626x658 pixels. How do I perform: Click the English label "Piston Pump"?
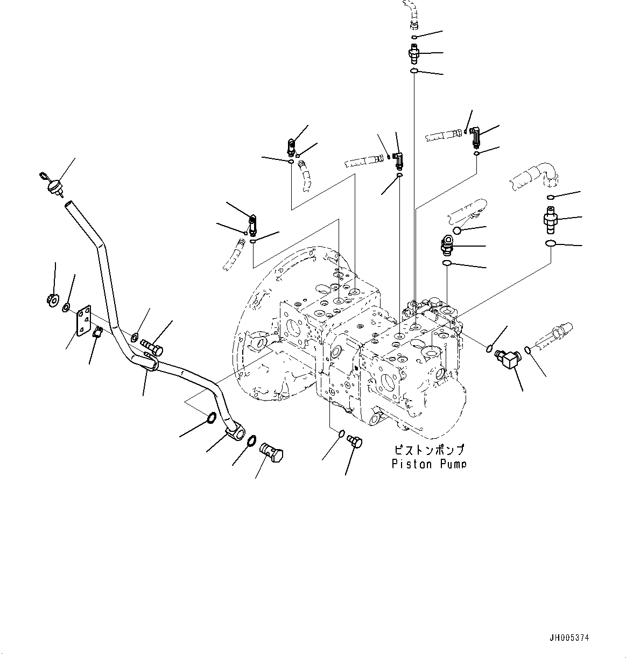point(428,464)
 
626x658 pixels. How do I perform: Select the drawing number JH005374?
point(569,638)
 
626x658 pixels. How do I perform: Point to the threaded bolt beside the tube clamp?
point(152,345)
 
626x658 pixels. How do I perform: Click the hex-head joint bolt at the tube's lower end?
point(272,450)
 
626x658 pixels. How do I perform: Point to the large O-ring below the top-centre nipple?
point(414,72)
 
